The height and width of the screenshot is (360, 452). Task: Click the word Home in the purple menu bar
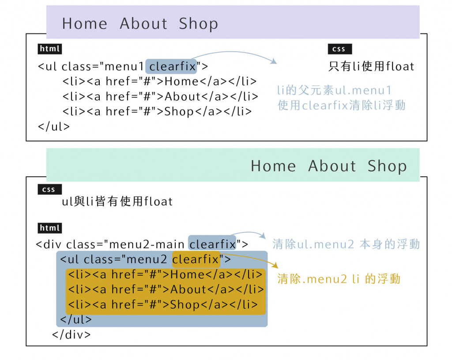pyautogui.click(x=84, y=23)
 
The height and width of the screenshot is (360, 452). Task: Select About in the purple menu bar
pyautogui.click(x=144, y=23)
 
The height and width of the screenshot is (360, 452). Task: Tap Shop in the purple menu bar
pyautogui.click(x=198, y=23)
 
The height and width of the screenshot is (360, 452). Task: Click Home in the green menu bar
pyautogui.click(x=273, y=166)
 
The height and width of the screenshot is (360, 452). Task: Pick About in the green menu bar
pyautogui.click(x=332, y=166)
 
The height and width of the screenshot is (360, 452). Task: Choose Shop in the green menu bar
pyautogui.click(x=387, y=166)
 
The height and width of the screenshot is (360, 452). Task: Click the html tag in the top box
pyautogui.click(x=49, y=49)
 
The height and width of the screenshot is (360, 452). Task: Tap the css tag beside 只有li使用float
pyautogui.click(x=339, y=49)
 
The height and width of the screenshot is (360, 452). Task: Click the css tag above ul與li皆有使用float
pyautogui.click(x=49, y=189)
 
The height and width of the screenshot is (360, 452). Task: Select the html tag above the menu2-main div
pyautogui.click(x=49, y=228)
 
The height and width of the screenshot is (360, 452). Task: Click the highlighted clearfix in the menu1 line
pyautogui.click(x=171, y=67)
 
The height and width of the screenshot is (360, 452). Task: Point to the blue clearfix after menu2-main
pyautogui.click(x=212, y=244)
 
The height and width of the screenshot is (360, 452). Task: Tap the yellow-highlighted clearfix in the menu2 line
pyautogui.click(x=196, y=259)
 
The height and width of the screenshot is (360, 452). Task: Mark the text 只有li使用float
pyautogui.click(x=371, y=67)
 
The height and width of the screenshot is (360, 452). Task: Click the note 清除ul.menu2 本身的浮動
pyautogui.click(x=346, y=244)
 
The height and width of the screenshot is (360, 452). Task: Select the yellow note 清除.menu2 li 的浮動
pyautogui.click(x=339, y=279)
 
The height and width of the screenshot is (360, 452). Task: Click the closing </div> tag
pyautogui.click(x=71, y=334)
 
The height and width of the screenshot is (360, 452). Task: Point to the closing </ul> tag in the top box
pyautogui.click(x=54, y=126)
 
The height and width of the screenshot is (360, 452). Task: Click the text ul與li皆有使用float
pyautogui.click(x=117, y=202)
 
